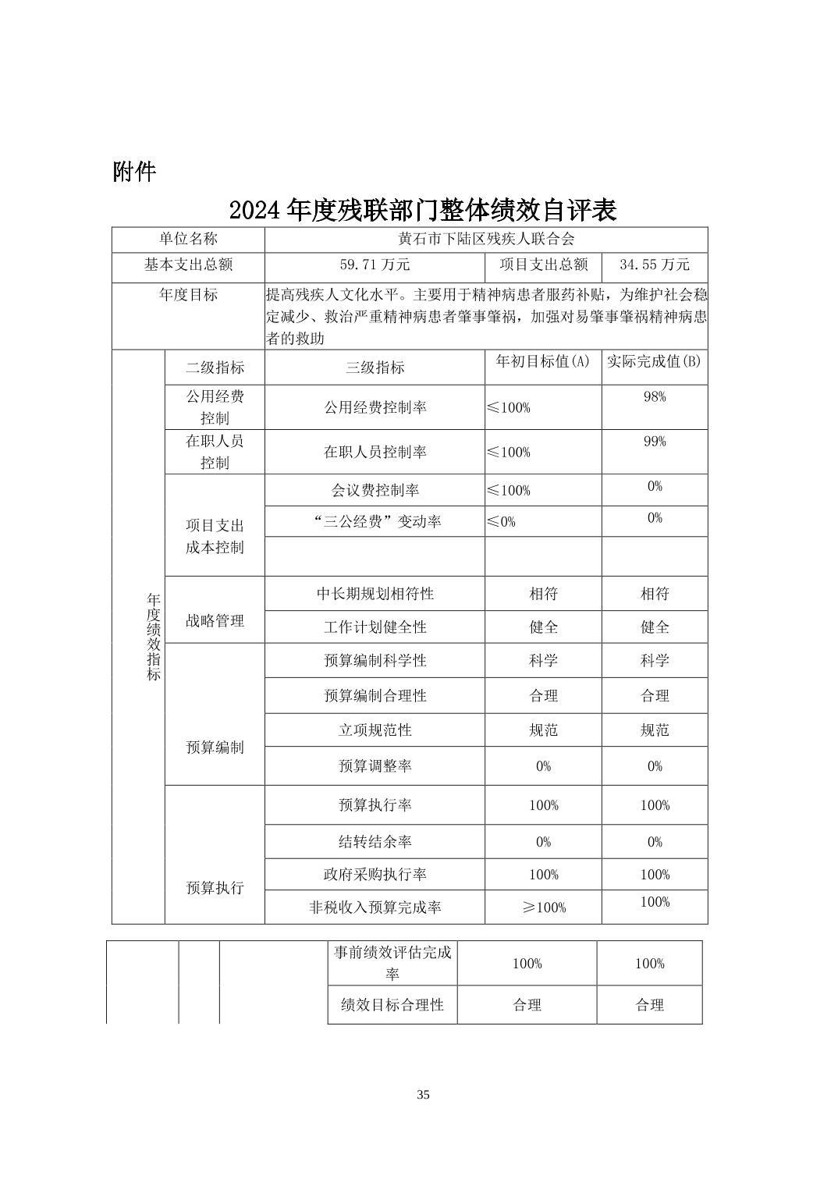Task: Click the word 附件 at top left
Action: (x=134, y=172)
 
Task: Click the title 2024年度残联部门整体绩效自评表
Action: (x=423, y=210)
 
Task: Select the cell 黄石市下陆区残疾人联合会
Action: (x=486, y=240)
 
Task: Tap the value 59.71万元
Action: (x=375, y=265)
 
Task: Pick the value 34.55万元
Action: (x=655, y=265)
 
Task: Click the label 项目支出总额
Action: (x=544, y=265)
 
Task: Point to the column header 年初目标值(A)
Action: (x=543, y=361)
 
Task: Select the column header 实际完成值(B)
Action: (x=655, y=361)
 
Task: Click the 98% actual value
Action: (x=655, y=397)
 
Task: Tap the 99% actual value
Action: (x=655, y=442)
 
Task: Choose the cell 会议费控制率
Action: (x=375, y=490)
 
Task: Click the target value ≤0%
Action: (x=501, y=521)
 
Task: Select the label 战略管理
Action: (x=215, y=621)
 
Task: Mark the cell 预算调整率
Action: (x=375, y=766)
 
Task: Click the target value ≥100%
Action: (x=543, y=907)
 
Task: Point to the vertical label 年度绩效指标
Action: (x=154, y=637)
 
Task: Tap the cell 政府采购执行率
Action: (x=375, y=875)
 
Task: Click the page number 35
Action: (x=423, y=1095)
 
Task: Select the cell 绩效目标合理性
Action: (x=392, y=1005)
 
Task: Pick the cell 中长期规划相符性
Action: (x=375, y=594)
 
